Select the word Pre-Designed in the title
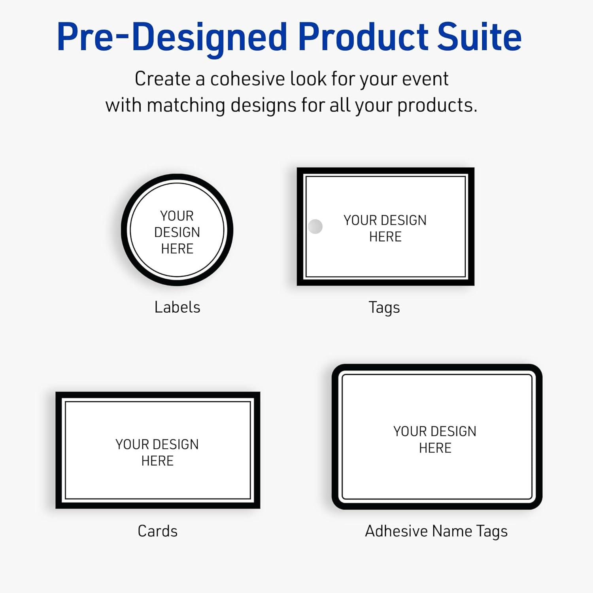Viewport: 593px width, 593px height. coord(172,38)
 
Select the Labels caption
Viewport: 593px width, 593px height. coord(177,307)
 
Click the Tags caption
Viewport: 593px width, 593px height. coord(384,308)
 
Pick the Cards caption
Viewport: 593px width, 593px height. coord(157,531)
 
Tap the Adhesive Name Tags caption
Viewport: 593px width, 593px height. coord(436,531)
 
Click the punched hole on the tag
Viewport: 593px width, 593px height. coord(315,227)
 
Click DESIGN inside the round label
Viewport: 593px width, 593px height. coord(177,232)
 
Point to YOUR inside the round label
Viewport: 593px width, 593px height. coord(177,216)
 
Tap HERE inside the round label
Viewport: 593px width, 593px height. coord(177,249)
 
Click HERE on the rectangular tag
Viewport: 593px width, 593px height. coord(385,237)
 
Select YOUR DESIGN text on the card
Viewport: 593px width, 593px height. coord(157,444)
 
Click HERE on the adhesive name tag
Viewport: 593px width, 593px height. coord(435,448)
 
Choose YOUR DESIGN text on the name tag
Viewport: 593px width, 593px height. coord(435,431)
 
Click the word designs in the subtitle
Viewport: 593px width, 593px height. coord(264,106)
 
